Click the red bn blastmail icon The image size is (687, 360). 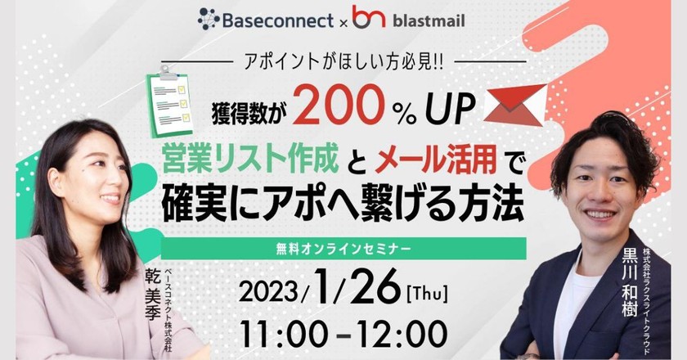[368, 17]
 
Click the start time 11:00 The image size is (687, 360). [278, 334]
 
